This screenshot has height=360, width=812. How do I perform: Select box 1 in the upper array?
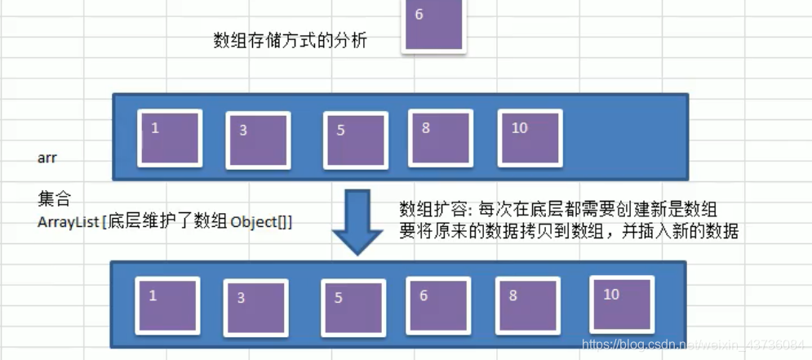click(x=171, y=138)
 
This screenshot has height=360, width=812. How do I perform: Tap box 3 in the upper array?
click(x=257, y=140)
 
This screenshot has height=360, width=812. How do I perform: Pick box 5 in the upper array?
click(x=355, y=139)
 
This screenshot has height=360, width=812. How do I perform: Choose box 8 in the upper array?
click(x=440, y=137)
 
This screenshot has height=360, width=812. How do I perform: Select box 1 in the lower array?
click(x=167, y=305)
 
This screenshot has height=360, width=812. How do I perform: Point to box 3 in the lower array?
click(x=255, y=307)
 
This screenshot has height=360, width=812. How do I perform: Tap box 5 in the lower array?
click(x=352, y=307)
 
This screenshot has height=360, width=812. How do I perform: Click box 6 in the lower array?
click(x=437, y=305)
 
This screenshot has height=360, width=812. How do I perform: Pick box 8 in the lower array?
click(x=526, y=305)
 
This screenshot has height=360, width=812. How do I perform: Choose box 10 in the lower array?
click(x=623, y=304)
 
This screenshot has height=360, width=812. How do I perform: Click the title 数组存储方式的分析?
click(x=290, y=41)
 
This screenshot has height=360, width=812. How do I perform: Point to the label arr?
click(x=47, y=158)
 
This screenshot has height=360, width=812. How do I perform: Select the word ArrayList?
click(x=66, y=222)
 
